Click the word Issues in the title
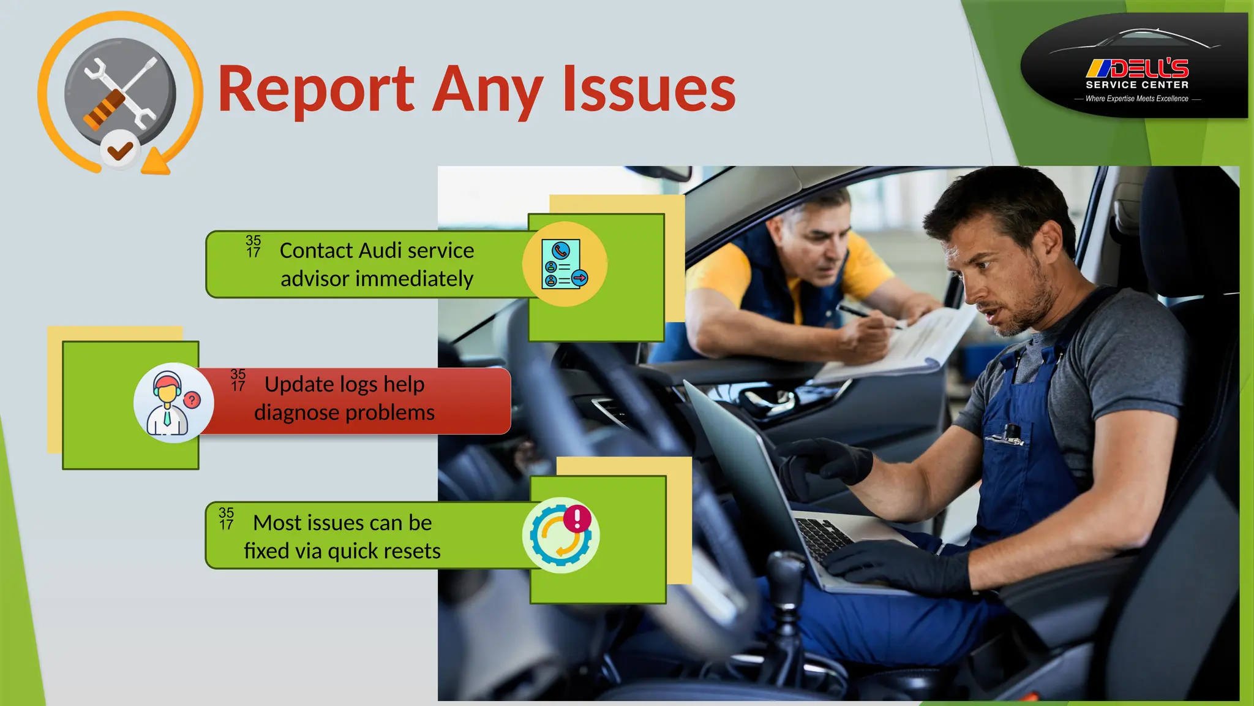(x=649, y=89)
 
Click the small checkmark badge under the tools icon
(x=120, y=150)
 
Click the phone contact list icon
(x=564, y=264)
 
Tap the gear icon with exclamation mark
(x=560, y=535)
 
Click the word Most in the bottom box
(x=277, y=523)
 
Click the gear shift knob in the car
(x=785, y=569)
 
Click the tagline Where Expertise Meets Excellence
(x=1136, y=99)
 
